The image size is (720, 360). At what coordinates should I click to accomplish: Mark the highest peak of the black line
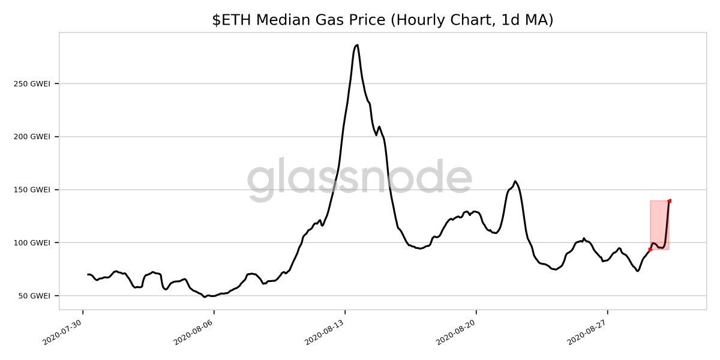pyautogui.click(x=357, y=45)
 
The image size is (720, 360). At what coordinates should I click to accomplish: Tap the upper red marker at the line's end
pyautogui.click(x=669, y=201)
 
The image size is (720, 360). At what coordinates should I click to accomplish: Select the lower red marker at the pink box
pyautogui.click(x=650, y=249)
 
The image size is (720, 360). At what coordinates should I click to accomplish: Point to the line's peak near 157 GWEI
pyautogui.click(x=515, y=181)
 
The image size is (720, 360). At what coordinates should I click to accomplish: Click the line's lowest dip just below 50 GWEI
pyautogui.click(x=205, y=297)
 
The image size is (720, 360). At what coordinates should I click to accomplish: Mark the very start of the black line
pyautogui.click(x=88, y=274)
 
